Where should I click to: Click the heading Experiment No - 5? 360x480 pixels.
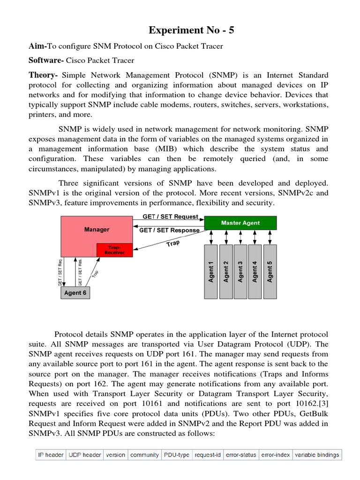191,30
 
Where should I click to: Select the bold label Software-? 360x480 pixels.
46,60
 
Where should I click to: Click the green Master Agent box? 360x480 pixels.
240,223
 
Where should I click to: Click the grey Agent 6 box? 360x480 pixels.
75,293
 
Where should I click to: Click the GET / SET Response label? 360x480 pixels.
169,230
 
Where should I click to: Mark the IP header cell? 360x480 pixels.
51,455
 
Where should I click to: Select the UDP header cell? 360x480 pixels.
84,455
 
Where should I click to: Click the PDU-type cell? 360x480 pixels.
176,455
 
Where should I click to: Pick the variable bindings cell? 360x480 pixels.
317,455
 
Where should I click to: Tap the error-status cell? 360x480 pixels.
241,455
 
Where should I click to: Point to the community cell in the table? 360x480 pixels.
144,455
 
